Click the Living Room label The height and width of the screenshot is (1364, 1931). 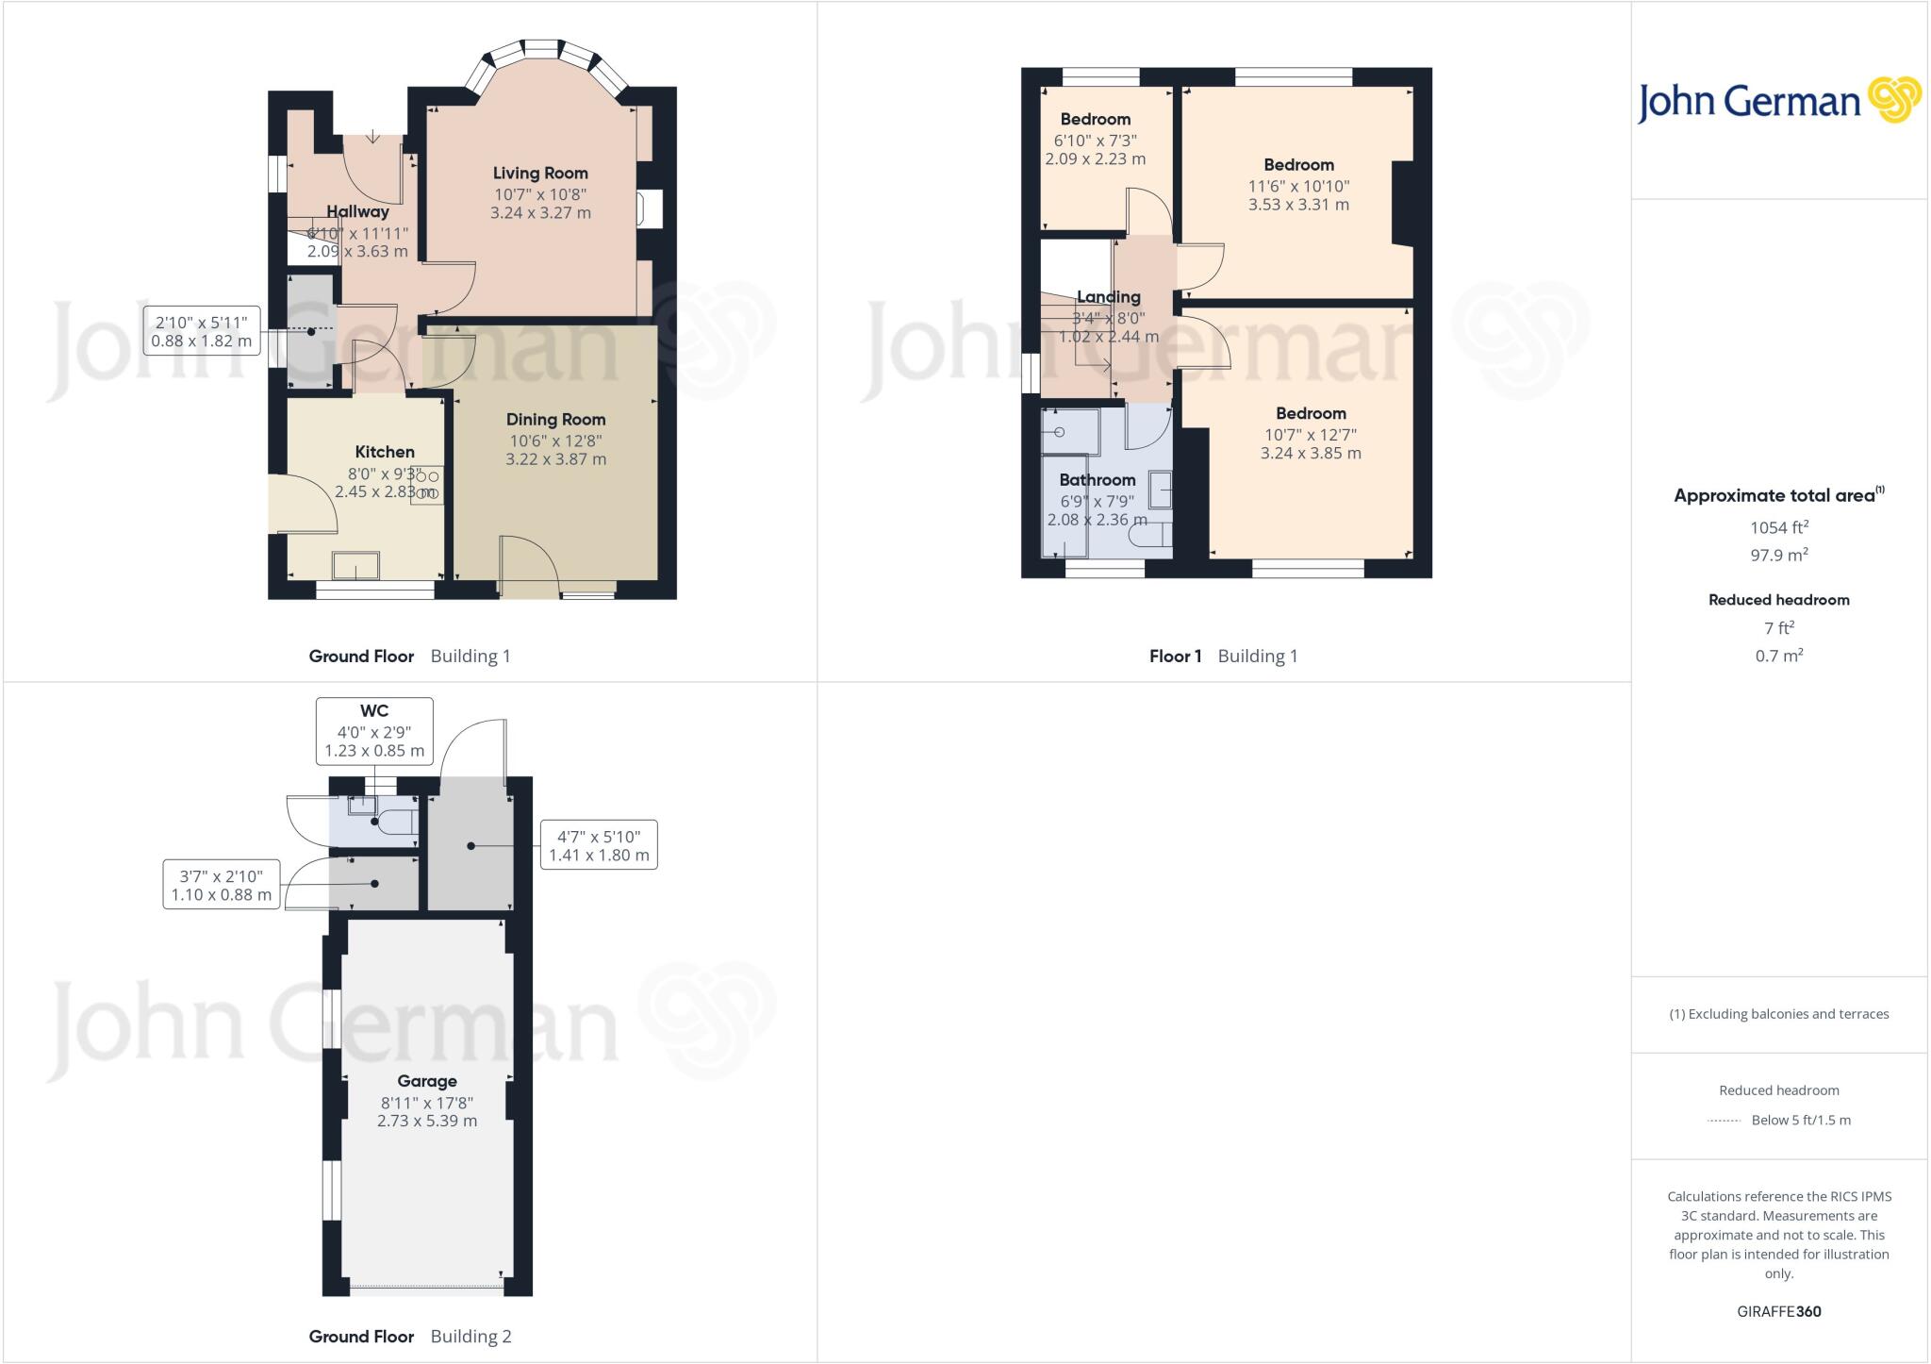click(540, 174)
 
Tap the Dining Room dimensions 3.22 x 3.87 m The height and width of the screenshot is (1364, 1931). click(555, 459)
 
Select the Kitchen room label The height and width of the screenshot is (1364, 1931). click(385, 452)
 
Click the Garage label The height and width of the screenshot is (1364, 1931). click(427, 1081)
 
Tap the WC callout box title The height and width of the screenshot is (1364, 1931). click(374, 711)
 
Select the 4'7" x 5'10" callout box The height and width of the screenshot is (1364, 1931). click(598, 845)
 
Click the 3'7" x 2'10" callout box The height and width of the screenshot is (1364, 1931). click(222, 885)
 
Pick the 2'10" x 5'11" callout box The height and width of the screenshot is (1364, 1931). click(201, 331)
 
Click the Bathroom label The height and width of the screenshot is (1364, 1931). click(1097, 480)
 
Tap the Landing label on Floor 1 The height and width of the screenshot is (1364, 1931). click(1108, 297)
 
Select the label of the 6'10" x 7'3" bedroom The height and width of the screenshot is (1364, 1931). click(1095, 120)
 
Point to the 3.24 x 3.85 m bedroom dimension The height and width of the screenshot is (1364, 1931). click(1311, 454)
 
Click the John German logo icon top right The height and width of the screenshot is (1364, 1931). click(1893, 100)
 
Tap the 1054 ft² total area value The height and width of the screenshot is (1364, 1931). click(1778, 528)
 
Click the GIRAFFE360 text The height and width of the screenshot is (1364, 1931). click(1778, 1311)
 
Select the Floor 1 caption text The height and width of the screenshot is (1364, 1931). click(1175, 657)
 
